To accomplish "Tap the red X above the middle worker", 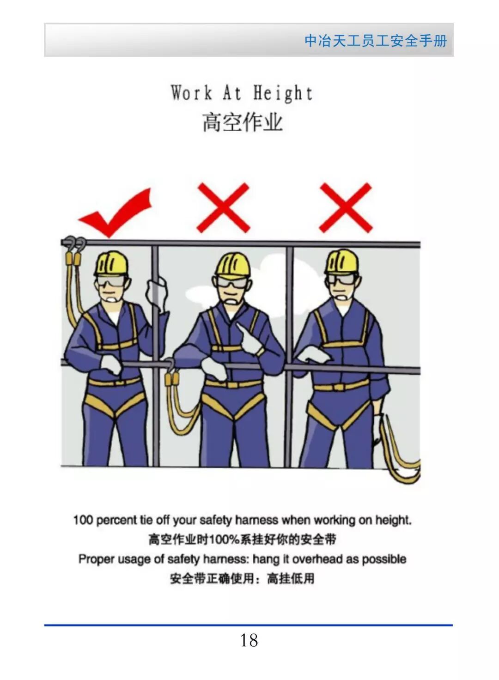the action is (x=223, y=207).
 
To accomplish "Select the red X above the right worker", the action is (x=346, y=207).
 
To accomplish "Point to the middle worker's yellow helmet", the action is (x=233, y=266).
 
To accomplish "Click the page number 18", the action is (x=249, y=641).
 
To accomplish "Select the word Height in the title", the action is (x=283, y=93).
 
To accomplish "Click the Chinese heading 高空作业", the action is (x=243, y=122).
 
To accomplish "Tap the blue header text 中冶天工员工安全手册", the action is (x=376, y=40).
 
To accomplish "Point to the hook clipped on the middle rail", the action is (x=170, y=365).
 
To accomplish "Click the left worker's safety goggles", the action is (x=111, y=282).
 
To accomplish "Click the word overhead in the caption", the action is (x=317, y=559).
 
